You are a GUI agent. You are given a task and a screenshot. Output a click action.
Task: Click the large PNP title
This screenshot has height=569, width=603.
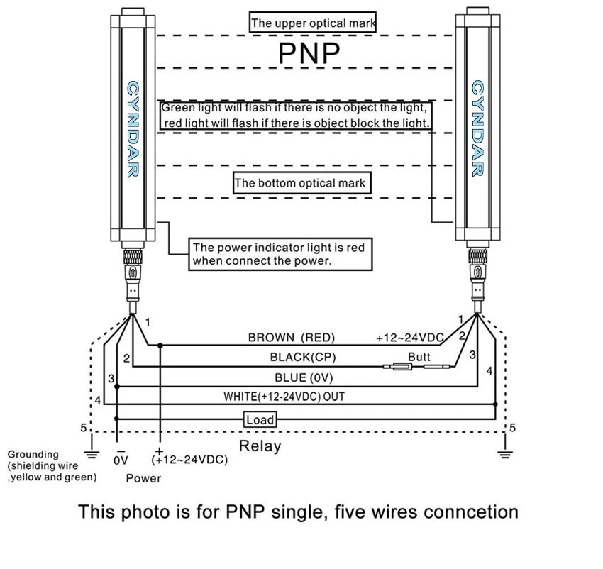pos(309,53)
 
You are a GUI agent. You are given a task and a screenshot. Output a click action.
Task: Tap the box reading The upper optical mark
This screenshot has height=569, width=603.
pos(313,22)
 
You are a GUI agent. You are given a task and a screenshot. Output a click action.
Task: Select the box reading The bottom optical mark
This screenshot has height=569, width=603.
pos(302,183)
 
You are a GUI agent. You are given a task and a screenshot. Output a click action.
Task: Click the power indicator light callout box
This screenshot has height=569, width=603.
pos(280,254)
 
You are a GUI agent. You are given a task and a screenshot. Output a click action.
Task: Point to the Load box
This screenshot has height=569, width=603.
pos(260,419)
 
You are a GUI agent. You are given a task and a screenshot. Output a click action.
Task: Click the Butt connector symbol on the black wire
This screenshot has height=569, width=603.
pos(416,366)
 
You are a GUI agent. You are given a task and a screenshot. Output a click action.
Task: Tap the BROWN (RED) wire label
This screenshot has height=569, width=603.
pos(292,338)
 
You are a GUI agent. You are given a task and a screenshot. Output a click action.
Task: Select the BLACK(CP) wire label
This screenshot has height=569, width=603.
pos(303,357)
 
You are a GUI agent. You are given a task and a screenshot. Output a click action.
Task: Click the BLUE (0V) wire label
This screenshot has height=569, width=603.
pos(304,377)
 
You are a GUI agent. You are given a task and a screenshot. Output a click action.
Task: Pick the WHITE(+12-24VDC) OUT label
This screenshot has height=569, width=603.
pos(284,397)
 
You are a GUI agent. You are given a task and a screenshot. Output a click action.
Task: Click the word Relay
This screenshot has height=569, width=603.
pos(260,446)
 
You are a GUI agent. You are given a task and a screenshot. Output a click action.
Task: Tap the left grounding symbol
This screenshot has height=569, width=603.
pos(92,454)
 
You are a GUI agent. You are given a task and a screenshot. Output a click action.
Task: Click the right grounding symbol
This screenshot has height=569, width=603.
pos(505,454)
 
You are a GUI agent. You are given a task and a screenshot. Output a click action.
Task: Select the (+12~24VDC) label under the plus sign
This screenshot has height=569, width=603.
pos(189,459)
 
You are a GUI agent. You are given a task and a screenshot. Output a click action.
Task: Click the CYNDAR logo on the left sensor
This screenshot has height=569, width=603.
pos(133,129)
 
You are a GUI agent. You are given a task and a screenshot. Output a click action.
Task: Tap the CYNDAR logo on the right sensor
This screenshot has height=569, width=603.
pos(477,128)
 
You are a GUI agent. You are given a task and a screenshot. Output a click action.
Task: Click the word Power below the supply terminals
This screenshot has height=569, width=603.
pos(143,478)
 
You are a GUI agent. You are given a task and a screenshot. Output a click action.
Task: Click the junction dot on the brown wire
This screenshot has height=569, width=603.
pos(160,346)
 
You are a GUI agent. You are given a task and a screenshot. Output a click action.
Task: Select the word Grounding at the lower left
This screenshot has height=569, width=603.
pos(33,454)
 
